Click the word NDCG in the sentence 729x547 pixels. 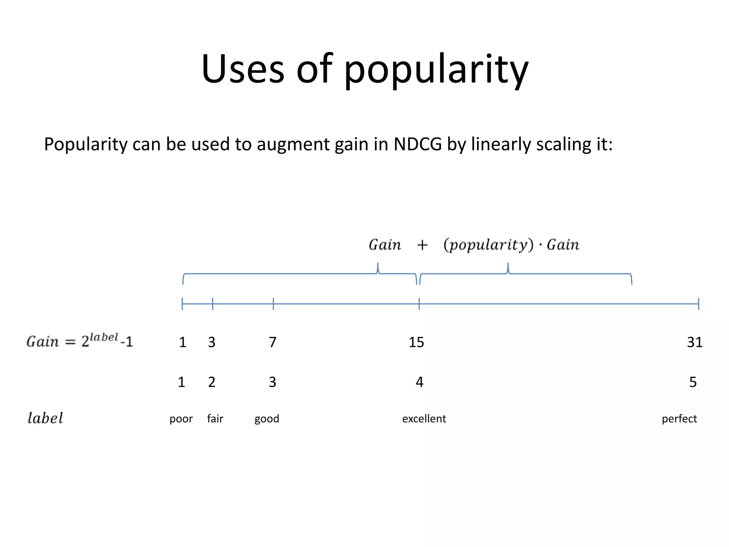(418, 144)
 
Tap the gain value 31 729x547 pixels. (694, 342)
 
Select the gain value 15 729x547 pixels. (416, 342)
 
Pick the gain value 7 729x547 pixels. (273, 342)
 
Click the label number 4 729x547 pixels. (419, 382)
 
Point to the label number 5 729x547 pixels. (693, 382)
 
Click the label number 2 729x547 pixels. (212, 382)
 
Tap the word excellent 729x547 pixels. (424, 419)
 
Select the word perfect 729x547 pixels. (679, 419)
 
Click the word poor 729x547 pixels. (181, 419)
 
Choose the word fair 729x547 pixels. (215, 419)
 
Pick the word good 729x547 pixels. (267, 419)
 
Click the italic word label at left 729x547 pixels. (45, 418)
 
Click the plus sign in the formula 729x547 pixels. (422, 245)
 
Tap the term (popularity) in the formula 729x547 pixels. (488, 245)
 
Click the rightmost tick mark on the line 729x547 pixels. (698, 304)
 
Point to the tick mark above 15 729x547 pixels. (419, 304)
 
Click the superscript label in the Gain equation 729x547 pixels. (104, 337)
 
